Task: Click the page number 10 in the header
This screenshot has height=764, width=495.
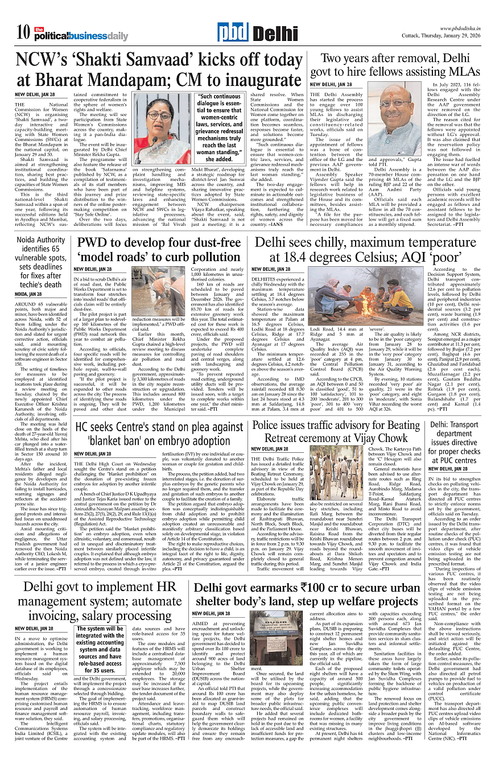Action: [23, 32]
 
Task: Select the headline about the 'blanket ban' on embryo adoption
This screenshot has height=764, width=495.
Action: [158, 432]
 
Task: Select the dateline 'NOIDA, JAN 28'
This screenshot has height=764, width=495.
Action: [28, 294]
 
